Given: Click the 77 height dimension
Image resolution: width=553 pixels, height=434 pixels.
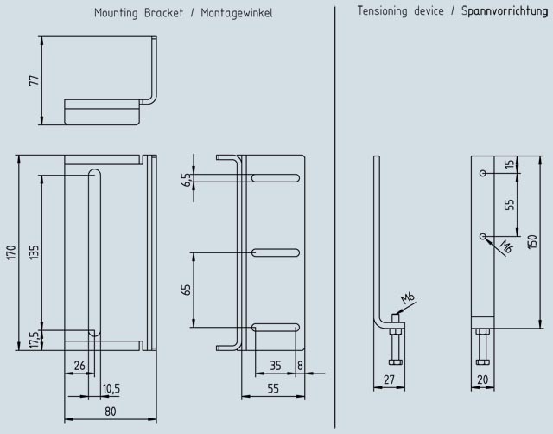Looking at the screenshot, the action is [35, 80].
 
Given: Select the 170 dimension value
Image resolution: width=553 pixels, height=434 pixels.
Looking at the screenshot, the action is [11, 252].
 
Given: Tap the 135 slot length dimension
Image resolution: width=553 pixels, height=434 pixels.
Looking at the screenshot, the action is [34, 252].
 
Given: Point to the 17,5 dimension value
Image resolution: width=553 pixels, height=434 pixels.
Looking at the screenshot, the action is [34, 340].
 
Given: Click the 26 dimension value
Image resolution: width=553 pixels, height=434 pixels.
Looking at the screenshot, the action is [79, 366].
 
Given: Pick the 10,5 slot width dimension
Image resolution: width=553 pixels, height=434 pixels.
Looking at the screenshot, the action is [111, 389].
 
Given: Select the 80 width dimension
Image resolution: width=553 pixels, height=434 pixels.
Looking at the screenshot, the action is [110, 412].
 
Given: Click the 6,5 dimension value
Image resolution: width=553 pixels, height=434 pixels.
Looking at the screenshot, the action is [188, 180].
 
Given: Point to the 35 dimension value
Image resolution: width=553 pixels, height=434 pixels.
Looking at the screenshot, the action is [276, 366].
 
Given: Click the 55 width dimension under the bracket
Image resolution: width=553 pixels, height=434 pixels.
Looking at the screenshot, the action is [273, 388].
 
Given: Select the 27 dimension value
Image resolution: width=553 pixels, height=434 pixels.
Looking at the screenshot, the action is [389, 380].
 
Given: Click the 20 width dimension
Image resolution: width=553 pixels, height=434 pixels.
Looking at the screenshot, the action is [482, 380].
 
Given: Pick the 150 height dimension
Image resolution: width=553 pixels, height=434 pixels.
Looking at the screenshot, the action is [532, 242].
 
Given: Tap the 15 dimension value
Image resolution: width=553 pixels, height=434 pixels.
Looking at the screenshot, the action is [509, 164].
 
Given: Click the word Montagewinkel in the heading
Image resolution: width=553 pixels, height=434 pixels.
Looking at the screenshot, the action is [237, 14].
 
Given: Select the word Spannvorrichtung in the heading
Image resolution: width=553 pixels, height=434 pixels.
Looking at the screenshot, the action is [505, 11].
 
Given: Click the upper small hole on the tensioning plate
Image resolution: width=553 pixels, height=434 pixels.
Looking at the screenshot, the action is [483, 173].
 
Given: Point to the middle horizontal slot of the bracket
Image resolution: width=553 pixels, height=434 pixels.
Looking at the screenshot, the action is [276, 252].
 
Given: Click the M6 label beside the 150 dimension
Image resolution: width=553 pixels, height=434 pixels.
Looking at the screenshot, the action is [506, 246].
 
